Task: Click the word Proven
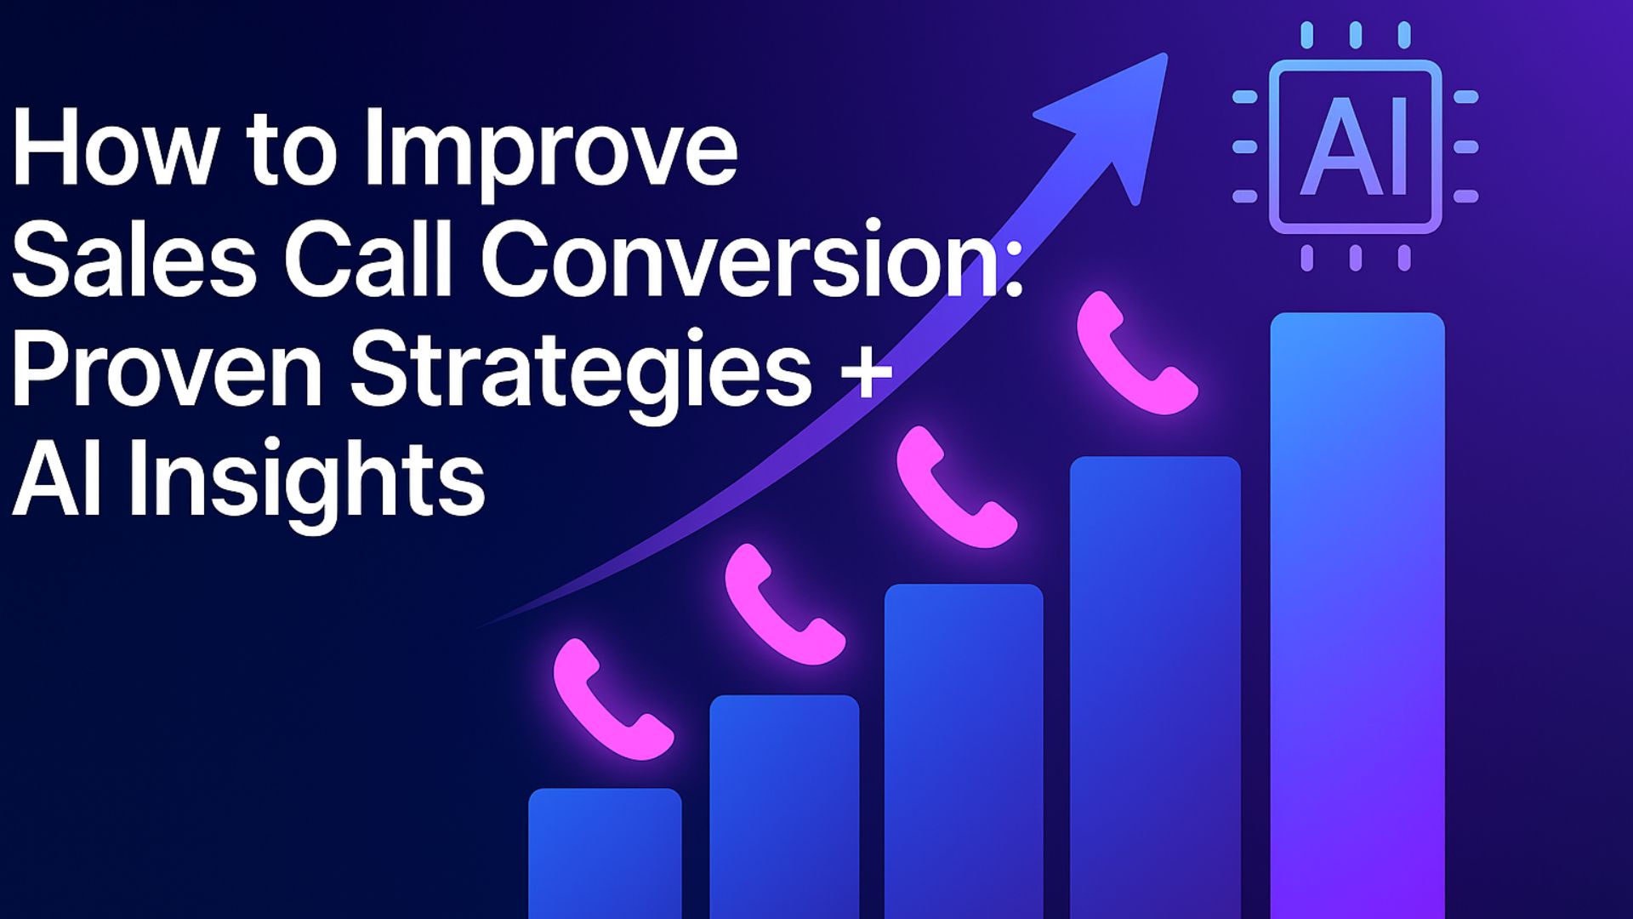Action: [167, 370]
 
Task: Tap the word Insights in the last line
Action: [307, 481]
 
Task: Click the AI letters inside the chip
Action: [1355, 146]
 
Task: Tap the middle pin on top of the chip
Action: [1356, 36]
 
